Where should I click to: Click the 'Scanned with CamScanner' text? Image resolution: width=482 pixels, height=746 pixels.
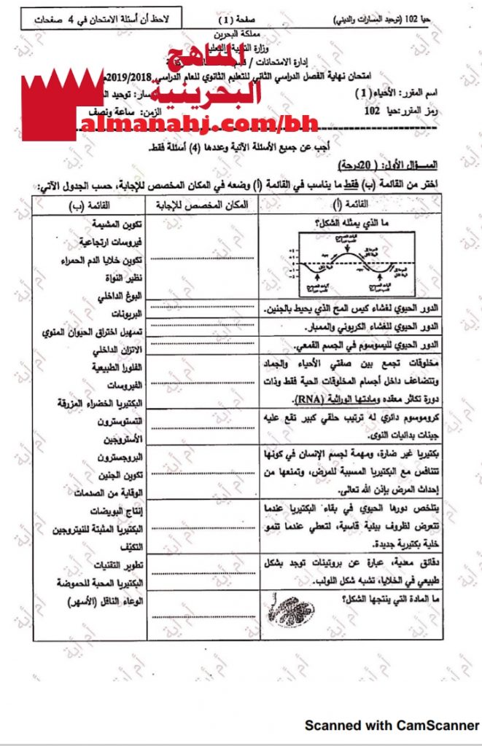(392, 725)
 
